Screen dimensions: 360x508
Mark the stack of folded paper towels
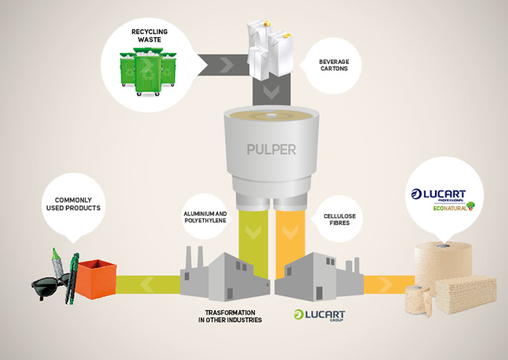pyautogui.click(x=465, y=293)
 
